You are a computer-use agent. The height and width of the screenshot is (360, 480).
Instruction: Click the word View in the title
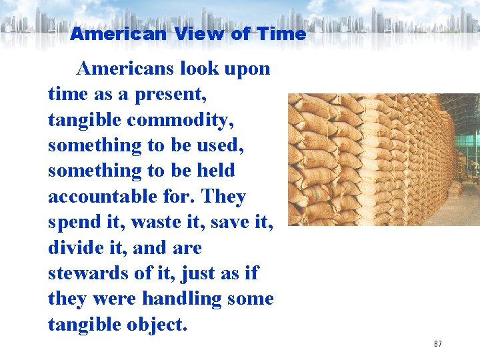[199, 33]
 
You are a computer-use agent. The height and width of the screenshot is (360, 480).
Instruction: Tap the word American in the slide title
[117, 33]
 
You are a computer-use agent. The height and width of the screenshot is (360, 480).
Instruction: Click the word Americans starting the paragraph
[125, 69]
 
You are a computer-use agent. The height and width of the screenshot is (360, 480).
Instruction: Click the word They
[223, 197]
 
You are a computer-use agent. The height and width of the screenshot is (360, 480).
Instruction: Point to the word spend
[73, 222]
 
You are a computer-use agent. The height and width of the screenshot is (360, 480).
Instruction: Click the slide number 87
[437, 344]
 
